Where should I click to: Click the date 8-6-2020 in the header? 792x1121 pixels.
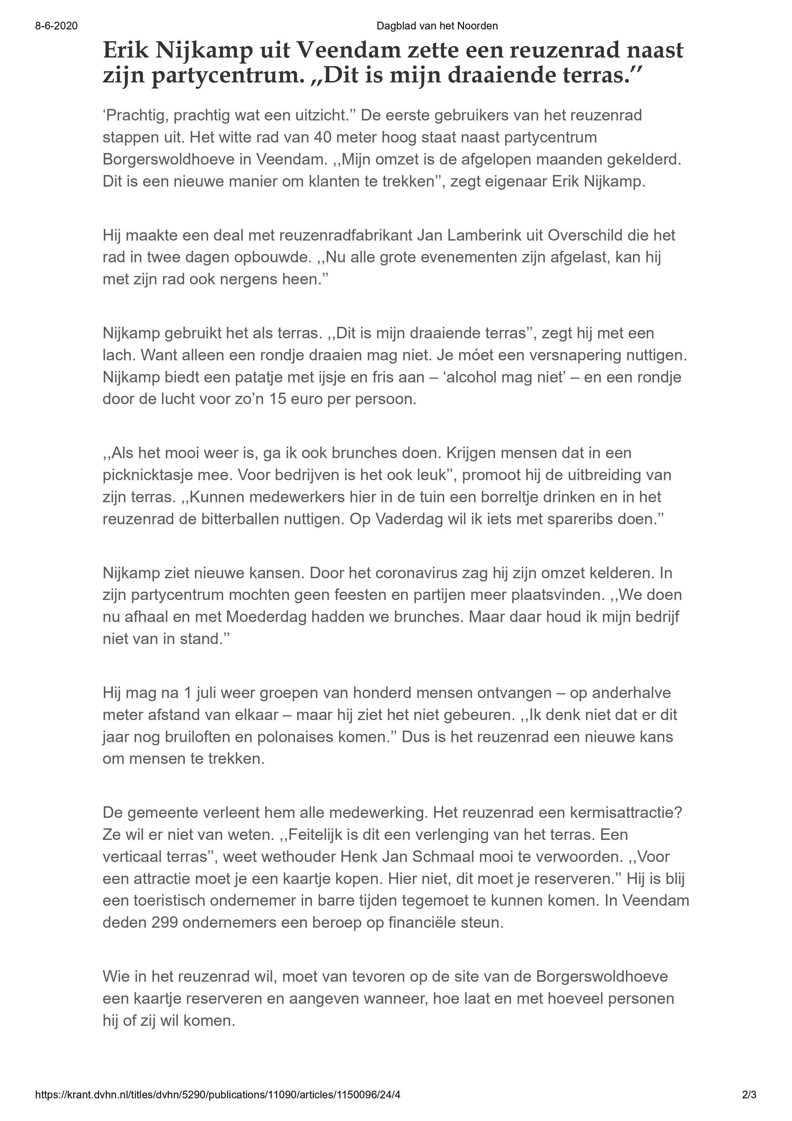tap(56, 26)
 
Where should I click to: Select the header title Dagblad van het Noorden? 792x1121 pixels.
tap(437, 26)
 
